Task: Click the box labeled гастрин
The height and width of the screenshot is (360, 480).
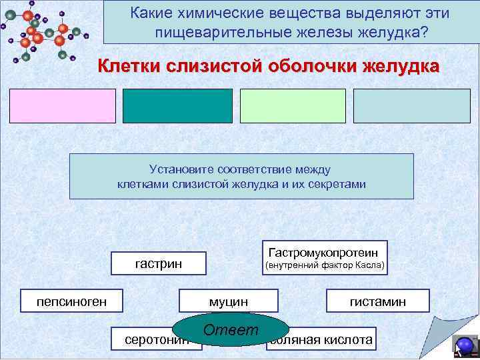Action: (x=159, y=265)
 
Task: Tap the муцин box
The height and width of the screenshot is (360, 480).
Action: (x=228, y=302)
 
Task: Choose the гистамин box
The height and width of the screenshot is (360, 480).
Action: (x=377, y=302)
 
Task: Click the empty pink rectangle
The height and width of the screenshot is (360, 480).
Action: (x=63, y=106)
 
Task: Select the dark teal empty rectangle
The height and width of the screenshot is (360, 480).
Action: (x=177, y=106)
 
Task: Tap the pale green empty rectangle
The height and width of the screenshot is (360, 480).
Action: (x=293, y=106)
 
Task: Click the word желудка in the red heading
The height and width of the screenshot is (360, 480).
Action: (x=401, y=67)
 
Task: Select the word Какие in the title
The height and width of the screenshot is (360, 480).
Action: (x=151, y=13)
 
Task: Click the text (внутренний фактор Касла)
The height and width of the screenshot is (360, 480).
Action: (x=325, y=265)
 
